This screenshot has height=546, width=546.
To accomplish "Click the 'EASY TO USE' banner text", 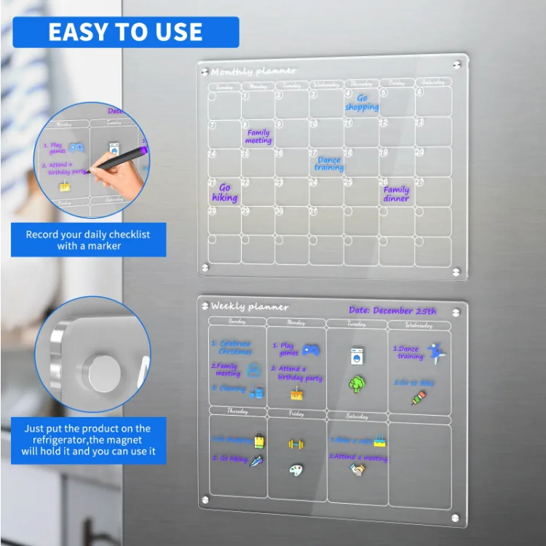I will (125, 32).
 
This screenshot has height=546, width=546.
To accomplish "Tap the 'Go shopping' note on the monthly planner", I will (362, 103).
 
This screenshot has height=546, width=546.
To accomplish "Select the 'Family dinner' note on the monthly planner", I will (397, 194).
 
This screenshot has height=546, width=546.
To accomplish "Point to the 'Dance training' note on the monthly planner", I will (329, 164).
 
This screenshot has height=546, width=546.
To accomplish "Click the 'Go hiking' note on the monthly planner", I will (225, 193).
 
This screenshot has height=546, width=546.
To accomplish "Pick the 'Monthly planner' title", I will (253, 71).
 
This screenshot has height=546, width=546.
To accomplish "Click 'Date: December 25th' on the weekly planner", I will (392, 311).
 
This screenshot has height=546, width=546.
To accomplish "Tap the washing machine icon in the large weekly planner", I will (357, 356).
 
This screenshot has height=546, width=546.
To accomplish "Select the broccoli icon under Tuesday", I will (356, 384).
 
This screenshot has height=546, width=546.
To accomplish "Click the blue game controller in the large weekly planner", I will (311, 349).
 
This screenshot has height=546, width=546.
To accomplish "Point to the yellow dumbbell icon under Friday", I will (296, 443).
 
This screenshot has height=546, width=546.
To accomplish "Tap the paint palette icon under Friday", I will (296, 470).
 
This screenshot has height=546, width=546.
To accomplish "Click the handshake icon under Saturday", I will (357, 470).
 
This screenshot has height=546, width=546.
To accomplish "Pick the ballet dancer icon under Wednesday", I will (435, 354).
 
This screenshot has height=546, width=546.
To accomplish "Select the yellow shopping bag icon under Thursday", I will (258, 440).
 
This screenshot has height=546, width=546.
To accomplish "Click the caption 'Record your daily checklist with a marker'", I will (88, 240).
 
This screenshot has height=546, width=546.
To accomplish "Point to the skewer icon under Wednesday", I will (418, 397).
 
